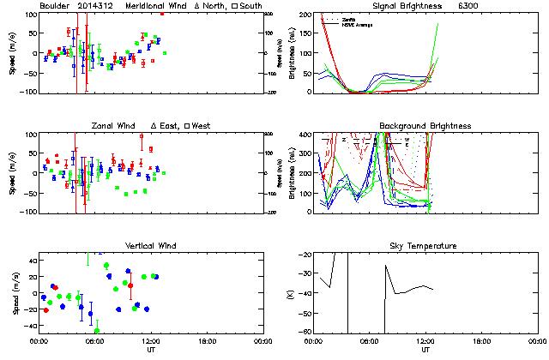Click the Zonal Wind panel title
[x=116, y=126]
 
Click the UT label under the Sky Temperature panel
[x=426, y=350]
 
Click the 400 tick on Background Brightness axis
[x=305, y=135]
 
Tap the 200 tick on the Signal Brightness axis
[x=305, y=15]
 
